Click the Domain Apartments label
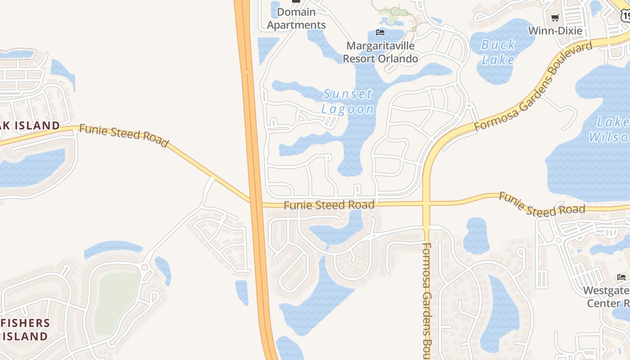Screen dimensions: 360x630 296,18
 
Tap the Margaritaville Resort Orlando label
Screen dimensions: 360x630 380,52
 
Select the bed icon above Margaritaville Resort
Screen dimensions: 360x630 380,32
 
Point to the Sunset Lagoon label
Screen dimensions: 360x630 347,101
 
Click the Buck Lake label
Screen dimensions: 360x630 498,52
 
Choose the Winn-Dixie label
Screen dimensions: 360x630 555,31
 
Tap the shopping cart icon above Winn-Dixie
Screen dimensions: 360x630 555,18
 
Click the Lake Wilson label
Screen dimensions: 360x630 609,129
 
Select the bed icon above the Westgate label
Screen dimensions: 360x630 621,277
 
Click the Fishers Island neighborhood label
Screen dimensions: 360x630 25,330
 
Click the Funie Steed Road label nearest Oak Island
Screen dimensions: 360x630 124,135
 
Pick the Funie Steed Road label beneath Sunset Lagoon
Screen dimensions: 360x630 329,205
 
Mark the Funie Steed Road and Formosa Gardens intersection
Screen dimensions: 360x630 426,204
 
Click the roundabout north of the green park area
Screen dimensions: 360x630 145,267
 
